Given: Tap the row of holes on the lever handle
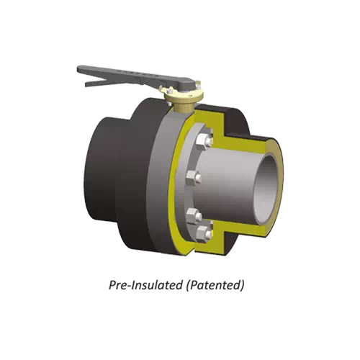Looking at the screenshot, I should (x=133, y=76).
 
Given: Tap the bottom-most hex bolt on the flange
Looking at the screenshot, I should (x=204, y=231).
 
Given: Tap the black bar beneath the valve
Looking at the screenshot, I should (x=180, y=276).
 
